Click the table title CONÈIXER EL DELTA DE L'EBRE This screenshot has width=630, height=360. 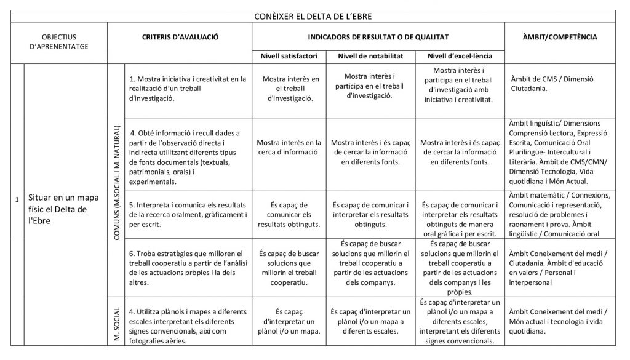point(314,16)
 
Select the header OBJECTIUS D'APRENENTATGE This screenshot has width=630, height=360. point(60,41)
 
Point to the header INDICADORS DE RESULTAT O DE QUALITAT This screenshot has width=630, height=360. point(378,37)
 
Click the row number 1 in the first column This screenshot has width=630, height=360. point(17,199)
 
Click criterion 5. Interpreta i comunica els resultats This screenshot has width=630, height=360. point(188,214)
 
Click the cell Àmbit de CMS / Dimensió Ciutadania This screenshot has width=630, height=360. point(552,84)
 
